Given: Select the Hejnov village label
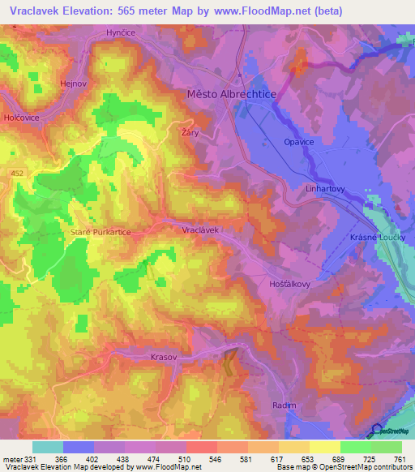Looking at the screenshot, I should click(74, 83).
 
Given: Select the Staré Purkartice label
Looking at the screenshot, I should click(96, 232).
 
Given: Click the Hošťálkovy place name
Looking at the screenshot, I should click(289, 285).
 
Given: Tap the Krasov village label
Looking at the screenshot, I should click(163, 357).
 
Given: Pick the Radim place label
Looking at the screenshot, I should click(285, 405).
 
